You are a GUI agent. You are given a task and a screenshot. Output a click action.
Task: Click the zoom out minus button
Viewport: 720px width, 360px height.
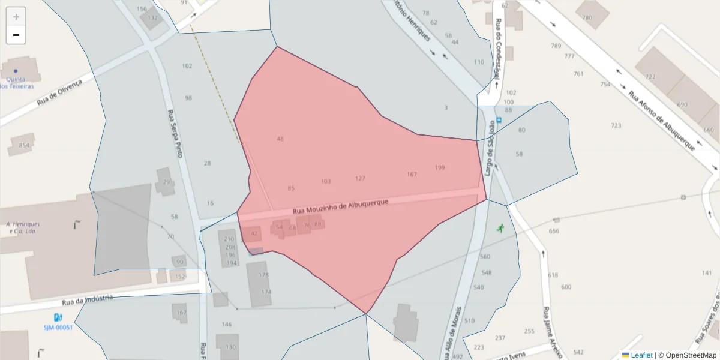pyautogui.click(x=16, y=35)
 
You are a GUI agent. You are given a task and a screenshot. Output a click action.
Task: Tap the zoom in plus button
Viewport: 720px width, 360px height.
pyautogui.click(x=16, y=17)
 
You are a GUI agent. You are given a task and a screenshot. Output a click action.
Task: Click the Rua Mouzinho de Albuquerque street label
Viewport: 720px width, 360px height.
pyautogui.click(x=341, y=207)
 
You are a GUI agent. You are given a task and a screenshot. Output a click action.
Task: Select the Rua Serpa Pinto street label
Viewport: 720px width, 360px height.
pyautogui.click(x=175, y=133)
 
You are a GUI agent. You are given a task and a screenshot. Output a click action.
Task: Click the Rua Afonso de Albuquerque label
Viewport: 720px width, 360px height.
pyautogui.click(x=662, y=121)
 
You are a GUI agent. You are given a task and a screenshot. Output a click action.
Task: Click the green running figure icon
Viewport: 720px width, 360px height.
pyautogui.click(x=500, y=228)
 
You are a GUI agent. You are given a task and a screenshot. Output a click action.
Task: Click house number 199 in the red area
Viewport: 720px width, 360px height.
pyautogui.click(x=440, y=167)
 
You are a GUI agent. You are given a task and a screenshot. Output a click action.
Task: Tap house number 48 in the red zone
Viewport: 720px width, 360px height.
pyautogui.click(x=280, y=139)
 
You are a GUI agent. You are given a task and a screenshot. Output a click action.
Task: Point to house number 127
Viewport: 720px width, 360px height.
pyautogui.click(x=360, y=178)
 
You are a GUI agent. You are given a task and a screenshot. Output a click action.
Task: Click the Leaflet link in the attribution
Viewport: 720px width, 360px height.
pyautogui.click(x=641, y=355)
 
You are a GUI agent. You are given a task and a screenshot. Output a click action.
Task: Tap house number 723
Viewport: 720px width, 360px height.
pyautogui.click(x=616, y=125)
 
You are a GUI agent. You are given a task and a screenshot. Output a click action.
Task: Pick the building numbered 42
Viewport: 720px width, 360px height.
pyautogui.click(x=254, y=233)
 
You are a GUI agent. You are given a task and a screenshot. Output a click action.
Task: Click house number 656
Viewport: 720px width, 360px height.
pyautogui.click(x=554, y=231)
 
